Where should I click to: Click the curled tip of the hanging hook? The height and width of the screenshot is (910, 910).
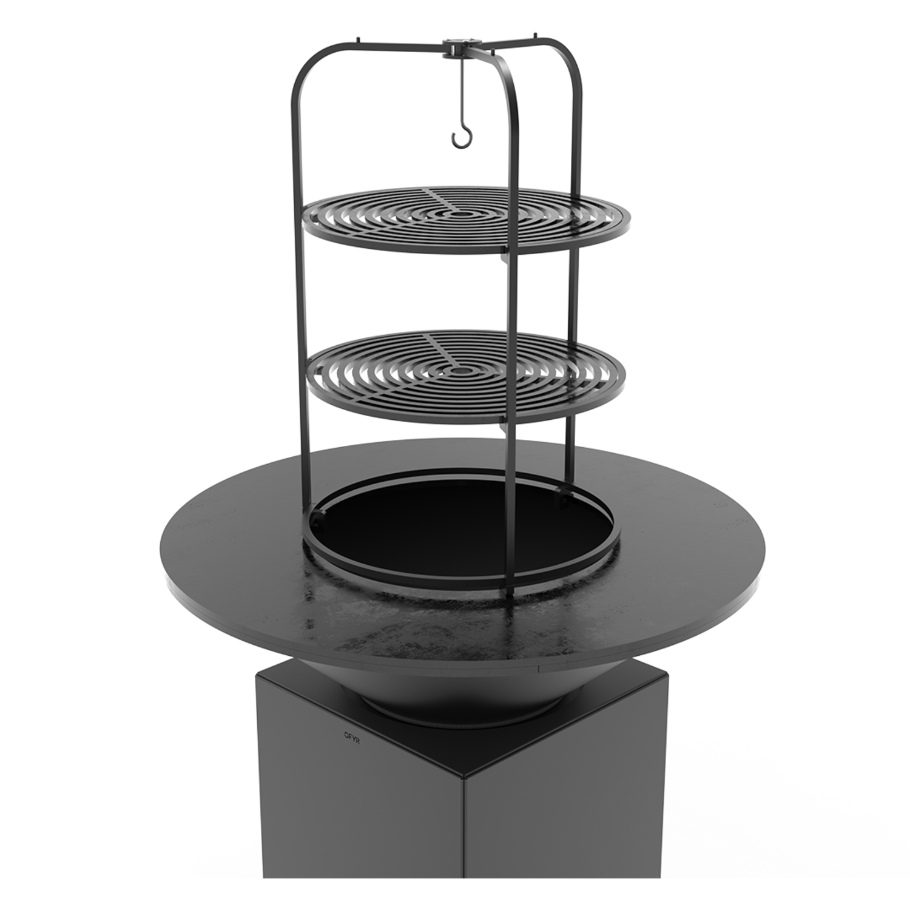(x=460, y=141)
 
